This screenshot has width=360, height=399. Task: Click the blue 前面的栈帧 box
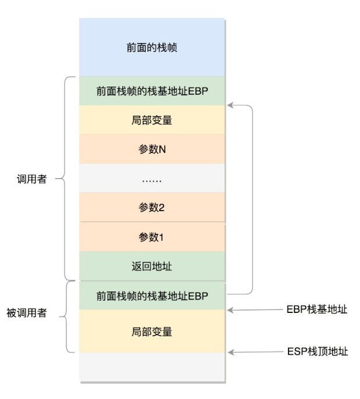pos(152,47)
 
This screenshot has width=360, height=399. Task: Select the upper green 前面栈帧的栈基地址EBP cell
pos(152,91)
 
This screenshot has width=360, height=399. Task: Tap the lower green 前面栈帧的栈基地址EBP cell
pos(152,295)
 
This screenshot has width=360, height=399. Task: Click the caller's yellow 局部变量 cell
pos(152,120)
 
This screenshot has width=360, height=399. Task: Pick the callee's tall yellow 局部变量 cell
pos(152,332)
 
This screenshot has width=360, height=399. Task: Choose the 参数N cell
pos(152,149)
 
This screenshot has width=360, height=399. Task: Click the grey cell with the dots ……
pos(152,179)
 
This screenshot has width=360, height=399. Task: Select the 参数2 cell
pos(152,208)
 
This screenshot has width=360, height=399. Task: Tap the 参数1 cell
pos(152,237)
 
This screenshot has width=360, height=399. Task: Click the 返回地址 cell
pos(152,266)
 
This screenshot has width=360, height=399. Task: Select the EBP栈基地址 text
pos(317,310)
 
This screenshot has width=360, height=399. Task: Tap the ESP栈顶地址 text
pos(318,351)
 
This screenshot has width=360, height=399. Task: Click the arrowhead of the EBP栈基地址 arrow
pos(230,310)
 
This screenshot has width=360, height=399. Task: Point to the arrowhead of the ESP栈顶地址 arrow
pos(230,351)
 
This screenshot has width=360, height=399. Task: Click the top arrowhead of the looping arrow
pos(230,106)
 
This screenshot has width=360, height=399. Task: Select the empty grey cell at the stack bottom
pos(152,368)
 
